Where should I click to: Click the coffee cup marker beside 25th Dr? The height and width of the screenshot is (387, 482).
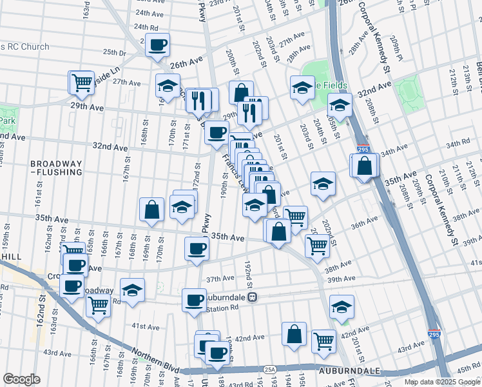coord(158,45)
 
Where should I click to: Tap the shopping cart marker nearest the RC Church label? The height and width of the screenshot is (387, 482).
coord(81,82)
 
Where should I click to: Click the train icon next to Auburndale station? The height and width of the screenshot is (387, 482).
coord(253,297)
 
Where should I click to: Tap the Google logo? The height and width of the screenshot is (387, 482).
coord(21,379)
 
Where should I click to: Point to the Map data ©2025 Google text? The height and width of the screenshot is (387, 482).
coord(441,382)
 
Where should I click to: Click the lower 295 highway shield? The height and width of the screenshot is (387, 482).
coord(434,335)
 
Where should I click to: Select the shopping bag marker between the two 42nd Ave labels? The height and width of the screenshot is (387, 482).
coord(293,334)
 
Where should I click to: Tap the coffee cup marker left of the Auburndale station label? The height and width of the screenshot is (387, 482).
coord(193,300)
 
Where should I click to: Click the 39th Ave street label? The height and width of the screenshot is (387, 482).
coord(341,278)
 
